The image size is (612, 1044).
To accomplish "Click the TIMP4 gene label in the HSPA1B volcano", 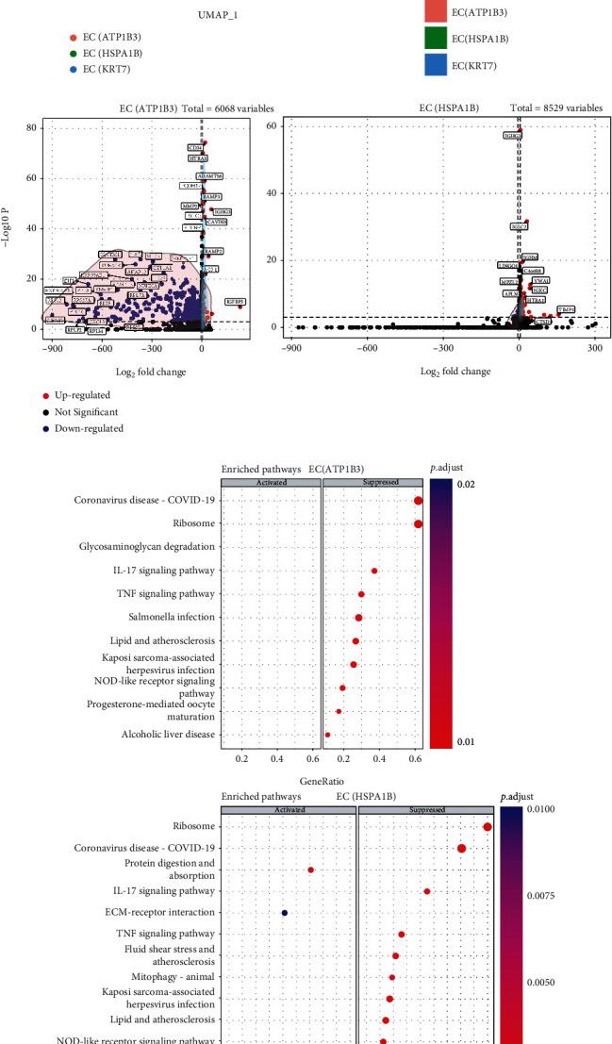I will tap(566, 309).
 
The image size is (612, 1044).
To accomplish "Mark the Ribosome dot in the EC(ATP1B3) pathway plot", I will tap(418, 524).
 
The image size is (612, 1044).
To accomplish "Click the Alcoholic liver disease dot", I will tap(327, 734).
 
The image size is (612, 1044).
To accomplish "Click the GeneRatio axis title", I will tap(319, 782).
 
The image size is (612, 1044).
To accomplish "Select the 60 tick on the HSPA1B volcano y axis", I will tap(273, 125).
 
